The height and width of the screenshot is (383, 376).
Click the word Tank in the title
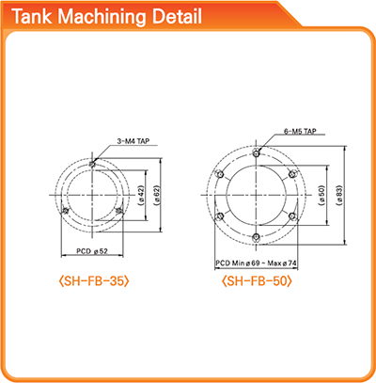click(x=32, y=17)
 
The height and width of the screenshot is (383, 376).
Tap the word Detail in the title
click(x=177, y=17)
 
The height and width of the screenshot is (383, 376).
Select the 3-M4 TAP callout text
click(x=133, y=141)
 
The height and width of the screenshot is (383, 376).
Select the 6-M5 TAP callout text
click(x=300, y=131)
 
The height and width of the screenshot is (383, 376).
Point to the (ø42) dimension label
click(x=141, y=196)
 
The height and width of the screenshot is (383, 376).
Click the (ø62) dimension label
click(x=156, y=196)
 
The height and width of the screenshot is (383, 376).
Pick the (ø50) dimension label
click(x=322, y=196)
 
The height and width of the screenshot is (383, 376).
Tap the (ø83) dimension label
click(x=339, y=196)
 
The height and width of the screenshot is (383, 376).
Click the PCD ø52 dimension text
click(x=92, y=251)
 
